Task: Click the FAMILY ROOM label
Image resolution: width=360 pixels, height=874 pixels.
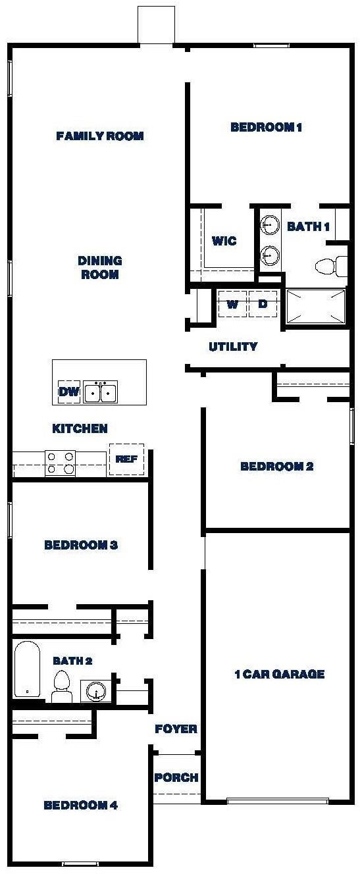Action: click(x=100, y=136)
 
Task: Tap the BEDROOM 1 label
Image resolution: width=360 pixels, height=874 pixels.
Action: click(x=266, y=127)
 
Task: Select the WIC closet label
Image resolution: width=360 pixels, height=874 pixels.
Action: click(x=224, y=241)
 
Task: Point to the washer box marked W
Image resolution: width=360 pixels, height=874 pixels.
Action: click(x=232, y=304)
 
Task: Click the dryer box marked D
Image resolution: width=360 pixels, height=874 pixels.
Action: click(x=263, y=304)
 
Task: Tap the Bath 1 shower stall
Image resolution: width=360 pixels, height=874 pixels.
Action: click(x=316, y=307)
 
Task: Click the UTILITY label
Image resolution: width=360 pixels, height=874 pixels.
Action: click(x=233, y=347)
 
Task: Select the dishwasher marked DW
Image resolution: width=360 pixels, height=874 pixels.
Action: click(x=68, y=393)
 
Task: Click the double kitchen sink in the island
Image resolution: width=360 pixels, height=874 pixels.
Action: click(x=101, y=392)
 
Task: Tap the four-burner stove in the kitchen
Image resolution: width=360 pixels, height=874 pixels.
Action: click(x=60, y=463)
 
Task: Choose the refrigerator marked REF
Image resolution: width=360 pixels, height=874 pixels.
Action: click(x=126, y=459)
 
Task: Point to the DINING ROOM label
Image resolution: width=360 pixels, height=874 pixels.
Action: click(x=100, y=267)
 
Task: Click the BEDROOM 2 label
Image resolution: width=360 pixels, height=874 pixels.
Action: click(x=276, y=467)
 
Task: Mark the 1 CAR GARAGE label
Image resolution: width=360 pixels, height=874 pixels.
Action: click(x=280, y=674)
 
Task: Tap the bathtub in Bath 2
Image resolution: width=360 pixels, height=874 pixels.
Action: click(x=27, y=669)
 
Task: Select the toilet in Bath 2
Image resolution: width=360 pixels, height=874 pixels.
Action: click(x=62, y=686)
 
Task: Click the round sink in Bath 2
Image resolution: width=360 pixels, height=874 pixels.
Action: click(x=96, y=692)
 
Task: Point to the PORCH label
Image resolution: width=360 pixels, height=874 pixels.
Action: click(x=176, y=777)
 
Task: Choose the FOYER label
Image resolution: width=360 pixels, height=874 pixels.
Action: click(x=176, y=729)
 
